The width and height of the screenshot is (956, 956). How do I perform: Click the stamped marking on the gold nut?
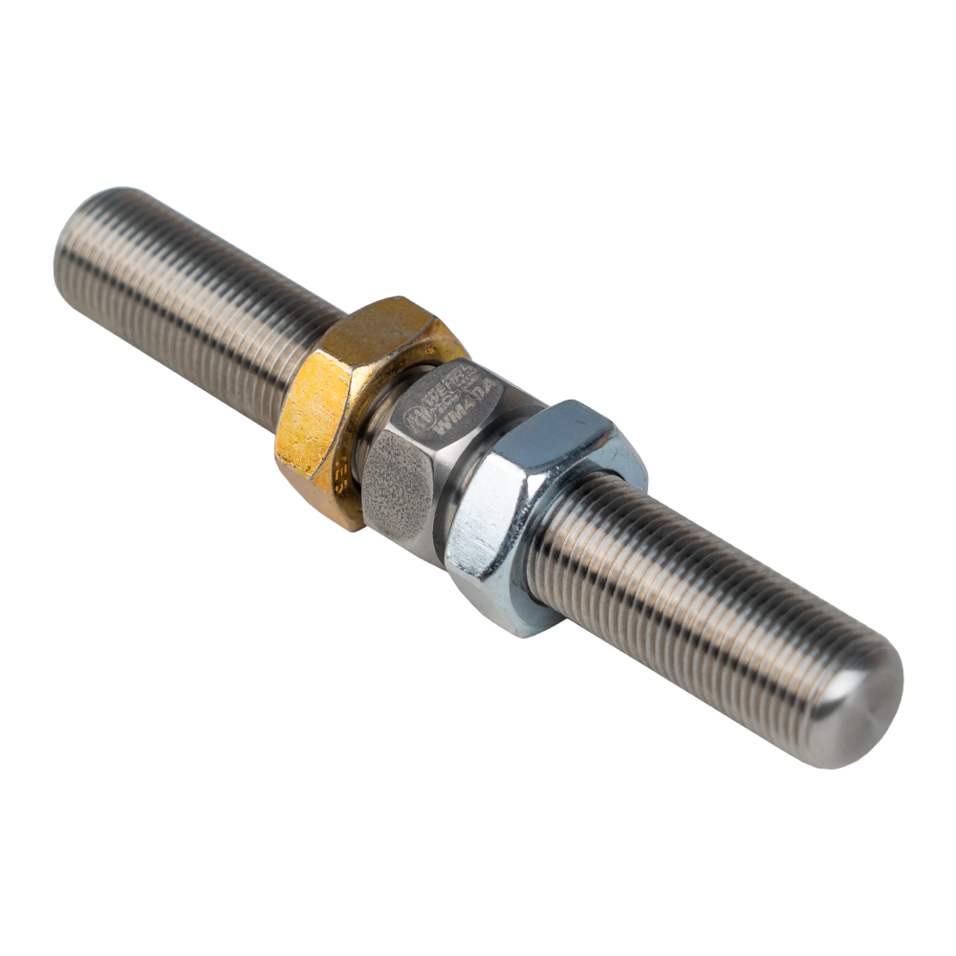(x=342, y=478)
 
